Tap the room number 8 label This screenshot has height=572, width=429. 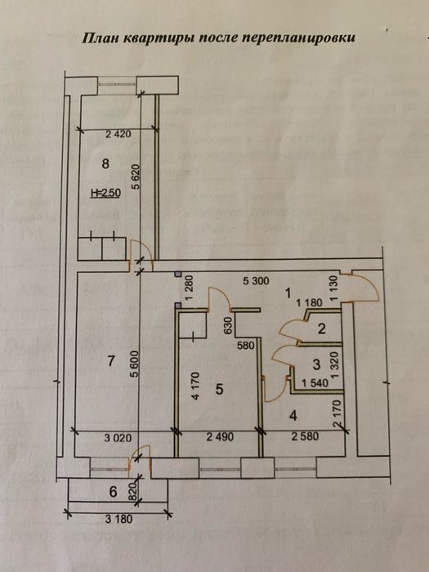[x=105, y=164]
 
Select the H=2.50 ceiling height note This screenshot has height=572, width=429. [x=105, y=193]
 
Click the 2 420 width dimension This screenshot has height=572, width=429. [x=118, y=134]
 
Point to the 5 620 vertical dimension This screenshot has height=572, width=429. [x=136, y=177]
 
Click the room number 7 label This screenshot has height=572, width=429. [x=112, y=361]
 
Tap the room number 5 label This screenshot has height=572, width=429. [x=219, y=389]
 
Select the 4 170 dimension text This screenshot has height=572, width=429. [x=196, y=386]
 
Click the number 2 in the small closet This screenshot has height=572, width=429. [x=321, y=329]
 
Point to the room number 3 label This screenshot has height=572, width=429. [x=317, y=364]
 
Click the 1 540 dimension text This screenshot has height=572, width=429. [x=315, y=383]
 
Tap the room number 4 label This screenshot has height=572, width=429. [x=293, y=415]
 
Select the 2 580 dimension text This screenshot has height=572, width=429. [x=305, y=436]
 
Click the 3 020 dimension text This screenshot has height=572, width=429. [x=118, y=438]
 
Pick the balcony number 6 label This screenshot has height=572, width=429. [x=113, y=492]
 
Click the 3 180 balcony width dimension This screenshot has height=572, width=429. [x=119, y=519]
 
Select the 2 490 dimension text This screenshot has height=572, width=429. [x=220, y=436]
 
